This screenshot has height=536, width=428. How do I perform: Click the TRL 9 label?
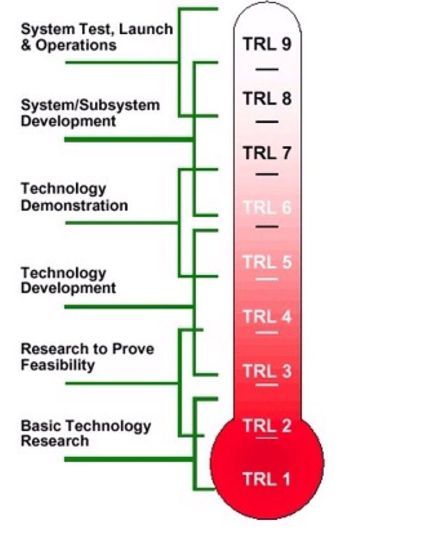tap(267, 44)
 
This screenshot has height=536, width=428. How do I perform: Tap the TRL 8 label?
tap(267, 98)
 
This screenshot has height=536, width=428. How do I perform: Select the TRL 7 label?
tap(267, 153)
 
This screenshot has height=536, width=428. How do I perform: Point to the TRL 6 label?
tap(267, 208)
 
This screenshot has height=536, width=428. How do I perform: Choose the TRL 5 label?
tap(267, 262)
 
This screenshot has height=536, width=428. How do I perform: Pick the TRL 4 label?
tap(267, 317)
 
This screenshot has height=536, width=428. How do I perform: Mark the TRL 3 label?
tap(267, 371)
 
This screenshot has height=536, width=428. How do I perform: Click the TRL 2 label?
tap(267, 425)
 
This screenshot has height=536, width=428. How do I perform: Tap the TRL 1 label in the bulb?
tap(267, 479)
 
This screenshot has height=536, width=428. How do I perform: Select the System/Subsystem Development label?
tap(90, 113)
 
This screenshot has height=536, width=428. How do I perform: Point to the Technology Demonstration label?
tap(74, 197)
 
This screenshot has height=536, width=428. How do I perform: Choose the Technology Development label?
tap(68, 280)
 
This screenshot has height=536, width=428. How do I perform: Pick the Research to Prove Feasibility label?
tap(87, 357)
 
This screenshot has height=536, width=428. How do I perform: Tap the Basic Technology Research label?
tap(85, 433)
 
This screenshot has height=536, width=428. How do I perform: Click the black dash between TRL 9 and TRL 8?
tap(267, 70)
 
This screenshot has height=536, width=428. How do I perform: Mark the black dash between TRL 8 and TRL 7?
tap(267, 121)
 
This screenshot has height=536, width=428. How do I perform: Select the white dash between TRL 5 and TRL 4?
tap(267, 279)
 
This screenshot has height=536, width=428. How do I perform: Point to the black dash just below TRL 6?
tap(267, 227)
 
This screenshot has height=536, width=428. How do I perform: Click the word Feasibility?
tap(58, 365)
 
